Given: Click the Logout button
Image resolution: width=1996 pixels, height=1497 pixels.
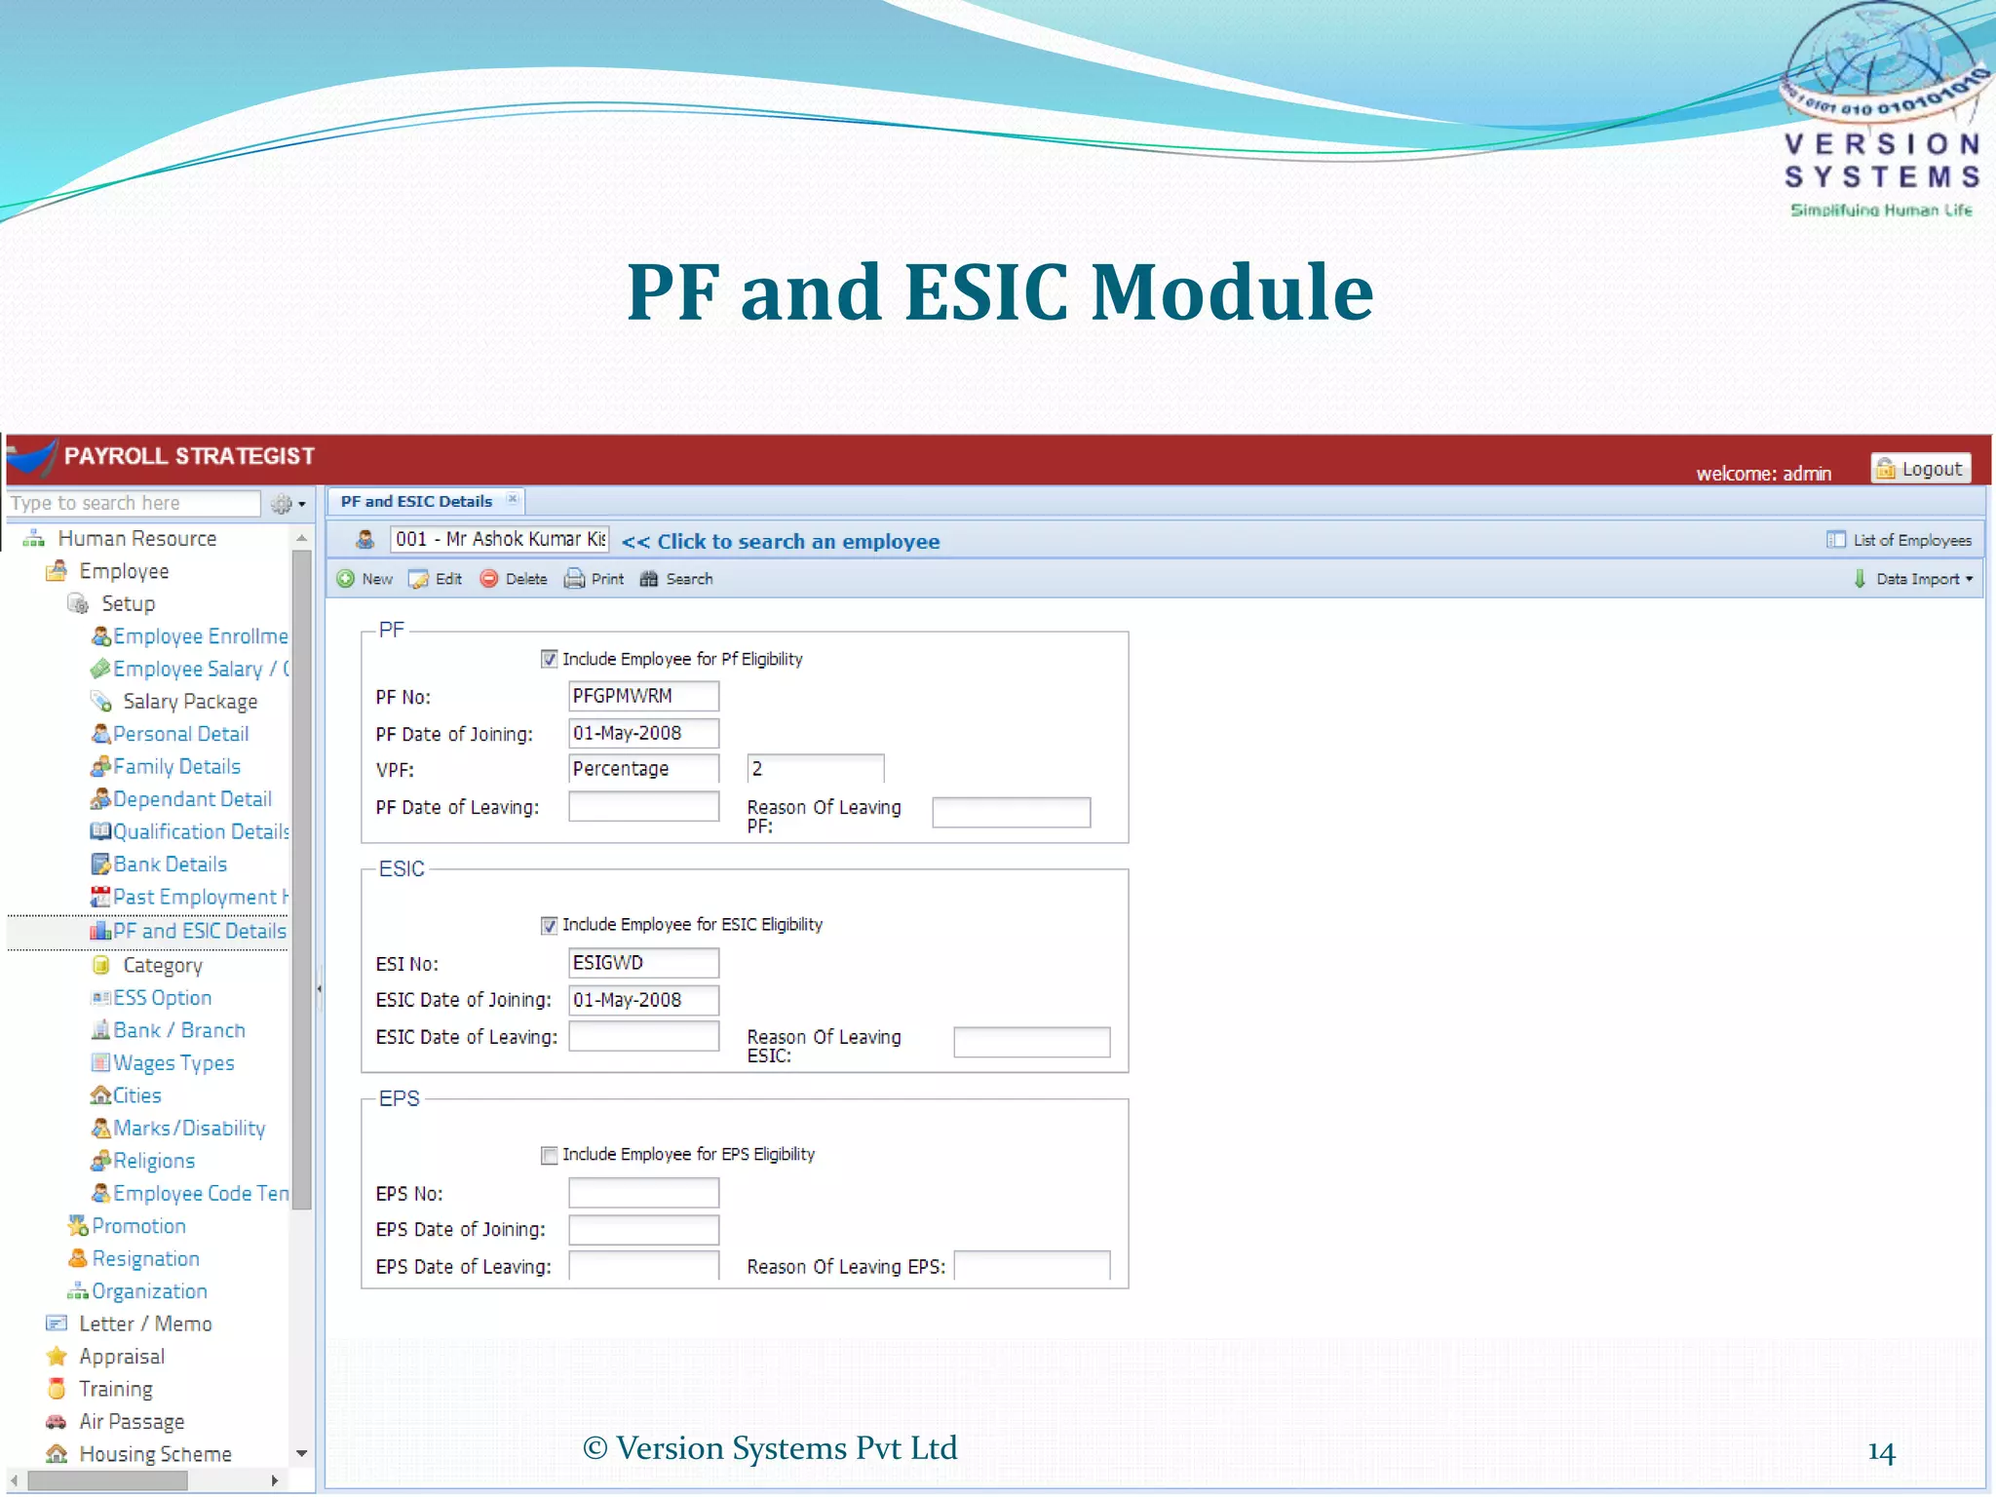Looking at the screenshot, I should pos(1920,469).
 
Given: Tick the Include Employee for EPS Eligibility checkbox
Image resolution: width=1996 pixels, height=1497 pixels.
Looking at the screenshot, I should pos(550,1155).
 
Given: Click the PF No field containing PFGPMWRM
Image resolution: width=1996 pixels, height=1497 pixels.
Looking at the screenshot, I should pos(643,696).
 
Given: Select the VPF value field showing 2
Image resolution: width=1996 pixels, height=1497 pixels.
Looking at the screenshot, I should pos(815,769).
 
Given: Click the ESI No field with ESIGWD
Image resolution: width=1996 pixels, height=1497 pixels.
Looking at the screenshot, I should pos(643,963).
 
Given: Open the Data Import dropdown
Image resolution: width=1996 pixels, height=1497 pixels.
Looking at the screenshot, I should pos(1915,579).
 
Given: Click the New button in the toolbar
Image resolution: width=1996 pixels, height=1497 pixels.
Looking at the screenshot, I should pos(365,579).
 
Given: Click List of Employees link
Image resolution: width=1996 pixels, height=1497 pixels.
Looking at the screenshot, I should pos(1900,540).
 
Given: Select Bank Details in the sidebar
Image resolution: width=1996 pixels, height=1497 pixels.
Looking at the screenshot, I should pos(170,864).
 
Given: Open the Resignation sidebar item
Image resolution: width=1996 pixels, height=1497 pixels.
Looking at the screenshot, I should pos(145,1259).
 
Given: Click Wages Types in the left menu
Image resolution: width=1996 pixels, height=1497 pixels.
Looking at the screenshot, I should pos(173,1063).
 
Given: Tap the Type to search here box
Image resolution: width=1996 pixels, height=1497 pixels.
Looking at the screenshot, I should pos(133,504).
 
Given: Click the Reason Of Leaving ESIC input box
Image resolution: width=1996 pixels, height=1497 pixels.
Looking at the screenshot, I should pos(1031,1042).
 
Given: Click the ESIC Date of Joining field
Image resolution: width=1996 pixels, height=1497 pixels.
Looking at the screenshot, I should pos(643,1000).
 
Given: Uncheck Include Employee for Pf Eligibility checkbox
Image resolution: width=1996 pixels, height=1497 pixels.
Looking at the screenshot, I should pos(550,660).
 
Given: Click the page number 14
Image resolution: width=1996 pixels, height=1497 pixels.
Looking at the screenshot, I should pos(1881,1452).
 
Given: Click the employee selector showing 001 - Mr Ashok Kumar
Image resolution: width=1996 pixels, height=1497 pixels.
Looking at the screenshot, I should pos(499,540).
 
